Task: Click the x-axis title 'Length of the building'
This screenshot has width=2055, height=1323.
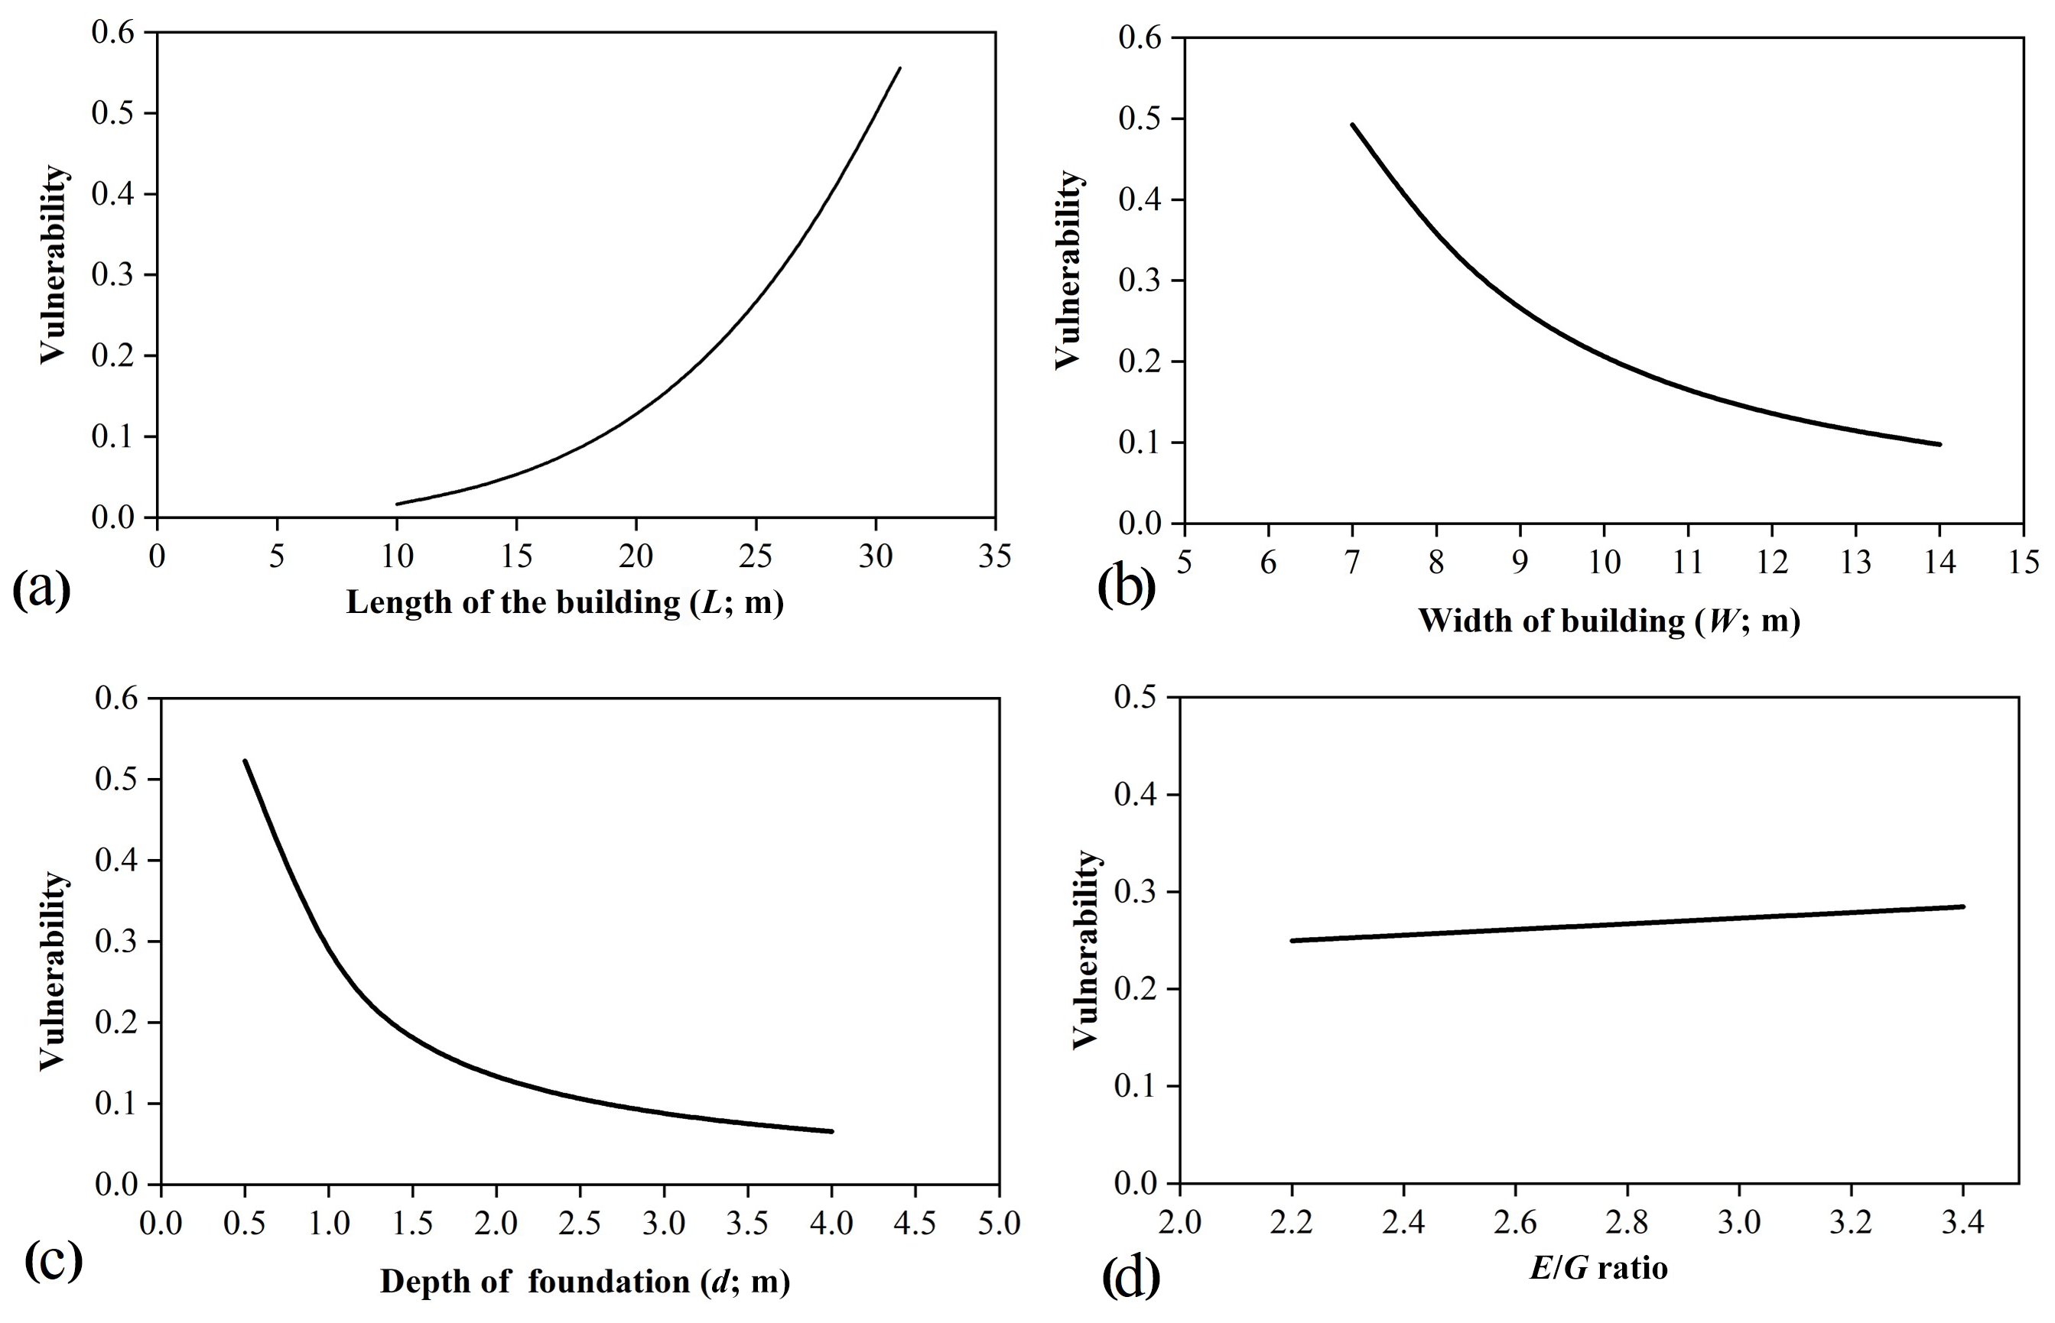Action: coord(564,602)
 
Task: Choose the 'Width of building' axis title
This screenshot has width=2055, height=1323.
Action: coord(1609,621)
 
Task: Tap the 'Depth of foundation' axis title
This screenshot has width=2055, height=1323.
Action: coord(584,1281)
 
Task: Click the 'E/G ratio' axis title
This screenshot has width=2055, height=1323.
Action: coord(1598,1268)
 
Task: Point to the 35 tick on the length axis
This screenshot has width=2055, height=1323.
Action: coord(995,556)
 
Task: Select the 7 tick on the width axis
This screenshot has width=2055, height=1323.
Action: coord(1352,563)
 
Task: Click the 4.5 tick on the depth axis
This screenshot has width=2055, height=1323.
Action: coord(915,1222)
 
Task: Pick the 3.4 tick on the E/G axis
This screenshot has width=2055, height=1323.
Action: coord(1963,1221)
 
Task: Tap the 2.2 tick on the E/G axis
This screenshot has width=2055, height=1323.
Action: coord(1291,1221)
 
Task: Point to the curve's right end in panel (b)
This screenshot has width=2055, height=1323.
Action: coord(1939,444)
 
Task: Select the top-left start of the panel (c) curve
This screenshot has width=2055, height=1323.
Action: coord(245,760)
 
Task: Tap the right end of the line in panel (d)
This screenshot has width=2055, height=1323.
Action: coord(1963,906)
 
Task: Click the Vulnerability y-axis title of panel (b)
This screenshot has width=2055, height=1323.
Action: coord(1068,270)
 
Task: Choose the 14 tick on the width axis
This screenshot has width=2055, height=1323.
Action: coord(1940,563)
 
